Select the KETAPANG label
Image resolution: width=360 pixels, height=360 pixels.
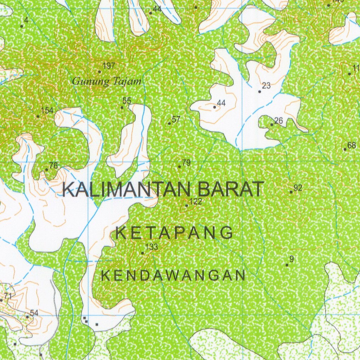click(x=174, y=233)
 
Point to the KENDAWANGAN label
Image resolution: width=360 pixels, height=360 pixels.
click(x=173, y=276)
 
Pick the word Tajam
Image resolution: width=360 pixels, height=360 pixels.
click(x=127, y=82)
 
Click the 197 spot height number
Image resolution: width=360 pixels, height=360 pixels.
click(x=109, y=65)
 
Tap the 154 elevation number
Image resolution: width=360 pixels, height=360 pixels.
click(x=47, y=110)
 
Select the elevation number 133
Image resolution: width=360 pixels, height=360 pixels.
click(x=152, y=247)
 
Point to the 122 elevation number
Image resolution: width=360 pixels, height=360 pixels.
click(x=195, y=201)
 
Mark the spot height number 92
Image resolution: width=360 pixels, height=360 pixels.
click(x=298, y=188)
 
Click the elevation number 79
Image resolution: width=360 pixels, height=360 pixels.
click(x=186, y=162)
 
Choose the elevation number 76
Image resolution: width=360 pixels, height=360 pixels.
click(x=53, y=165)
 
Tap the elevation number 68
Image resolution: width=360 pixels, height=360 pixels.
click(x=352, y=145)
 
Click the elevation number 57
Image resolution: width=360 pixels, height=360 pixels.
click(x=176, y=119)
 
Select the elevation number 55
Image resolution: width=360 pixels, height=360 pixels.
click(x=127, y=101)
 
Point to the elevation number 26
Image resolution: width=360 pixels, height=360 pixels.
click(x=278, y=121)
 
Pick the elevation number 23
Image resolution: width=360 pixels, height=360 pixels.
click(x=266, y=85)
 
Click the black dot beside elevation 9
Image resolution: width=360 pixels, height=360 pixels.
click(x=287, y=265)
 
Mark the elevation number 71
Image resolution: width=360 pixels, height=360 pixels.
click(x=8, y=296)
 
